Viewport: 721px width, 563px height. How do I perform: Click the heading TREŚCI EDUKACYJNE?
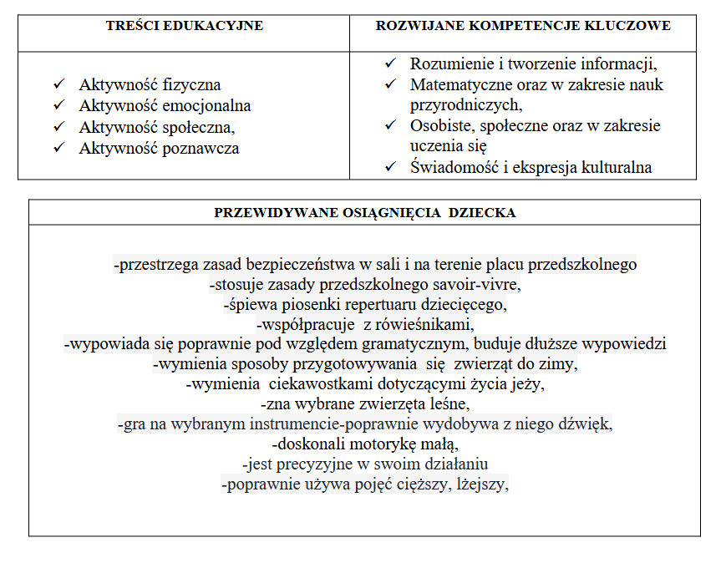coord(185,26)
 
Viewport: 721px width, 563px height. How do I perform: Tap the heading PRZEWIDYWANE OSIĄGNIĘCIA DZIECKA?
coord(365,212)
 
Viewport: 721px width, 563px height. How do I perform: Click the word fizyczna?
coord(191,85)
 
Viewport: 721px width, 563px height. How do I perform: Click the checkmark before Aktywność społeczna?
coord(58,127)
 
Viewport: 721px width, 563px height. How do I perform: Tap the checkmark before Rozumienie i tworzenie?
coord(390,63)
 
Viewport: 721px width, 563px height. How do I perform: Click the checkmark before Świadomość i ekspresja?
coord(390,167)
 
